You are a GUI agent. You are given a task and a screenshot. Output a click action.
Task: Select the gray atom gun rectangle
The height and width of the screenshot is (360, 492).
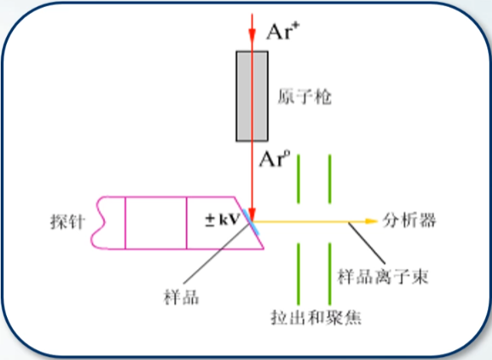[252, 96]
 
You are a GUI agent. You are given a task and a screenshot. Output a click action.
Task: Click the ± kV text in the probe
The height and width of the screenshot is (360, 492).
[221, 220]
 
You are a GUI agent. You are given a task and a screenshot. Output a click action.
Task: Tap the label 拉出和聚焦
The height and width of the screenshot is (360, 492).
[317, 317]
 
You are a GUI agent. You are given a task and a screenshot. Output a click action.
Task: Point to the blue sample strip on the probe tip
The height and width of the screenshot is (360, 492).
[250, 219]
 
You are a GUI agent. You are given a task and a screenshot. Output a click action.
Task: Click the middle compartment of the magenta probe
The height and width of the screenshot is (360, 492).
[156, 223]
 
